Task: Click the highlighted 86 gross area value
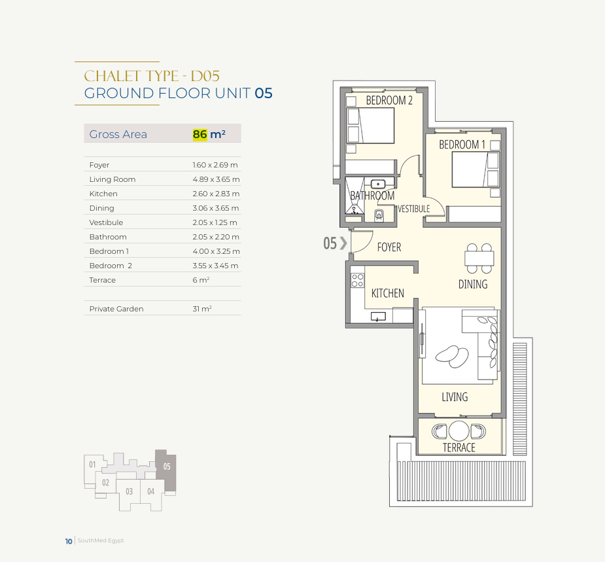tap(200, 134)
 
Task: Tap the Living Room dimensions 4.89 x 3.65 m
tap(216, 179)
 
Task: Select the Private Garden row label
tap(116, 309)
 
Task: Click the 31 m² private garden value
tap(202, 309)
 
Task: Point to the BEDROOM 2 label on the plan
tap(389, 100)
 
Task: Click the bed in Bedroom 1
tap(475, 169)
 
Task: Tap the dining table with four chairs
tap(479, 258)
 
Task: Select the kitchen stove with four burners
tap(357, 280)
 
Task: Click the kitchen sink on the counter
tap(378, 317)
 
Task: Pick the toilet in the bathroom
tap(379, 215)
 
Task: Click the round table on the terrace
tap(458, 430)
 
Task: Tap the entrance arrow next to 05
tap(343, 243)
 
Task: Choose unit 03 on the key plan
tap(129, 491)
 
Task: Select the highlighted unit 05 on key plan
tap(166, 470)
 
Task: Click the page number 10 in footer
tap(69, 541)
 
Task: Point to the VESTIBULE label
tap(413, 209)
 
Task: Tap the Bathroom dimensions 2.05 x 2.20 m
tap(216, 237)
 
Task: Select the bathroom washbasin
tap(378, 184)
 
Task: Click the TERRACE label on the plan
tap(458, 448)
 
